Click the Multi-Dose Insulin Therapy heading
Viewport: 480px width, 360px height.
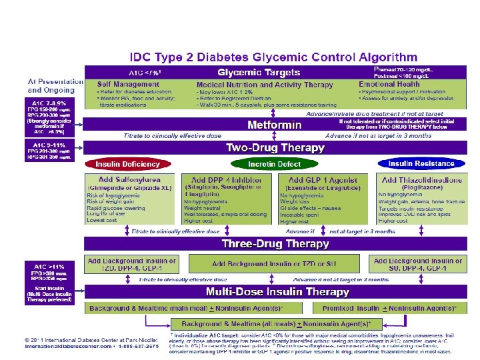(278, 292)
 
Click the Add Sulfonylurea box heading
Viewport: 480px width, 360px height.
(129, 181)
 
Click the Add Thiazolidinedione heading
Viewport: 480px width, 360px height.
(420, 181)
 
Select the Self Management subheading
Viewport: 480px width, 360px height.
(128, 84)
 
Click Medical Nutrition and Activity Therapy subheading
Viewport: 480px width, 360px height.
(265, 85)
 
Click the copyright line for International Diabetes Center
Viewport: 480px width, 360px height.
(86, 340)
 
